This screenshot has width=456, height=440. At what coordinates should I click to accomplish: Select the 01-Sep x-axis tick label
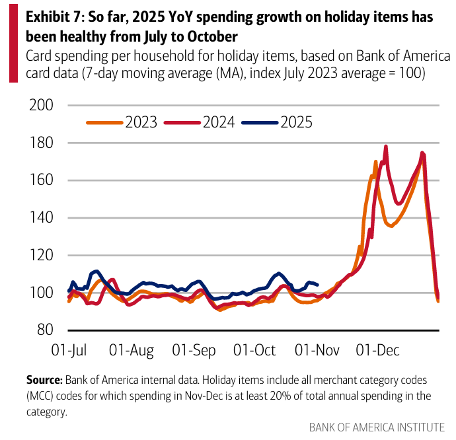click(x=195, y=349)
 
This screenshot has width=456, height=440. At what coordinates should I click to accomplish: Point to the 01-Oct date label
click(x=256, y=349)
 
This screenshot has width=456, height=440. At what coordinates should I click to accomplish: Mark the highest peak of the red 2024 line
click(x=386, y=147)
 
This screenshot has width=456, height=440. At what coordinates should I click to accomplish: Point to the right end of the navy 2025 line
click(x=318, y=285)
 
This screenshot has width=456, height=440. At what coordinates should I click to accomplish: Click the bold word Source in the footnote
click(x=44, y=381)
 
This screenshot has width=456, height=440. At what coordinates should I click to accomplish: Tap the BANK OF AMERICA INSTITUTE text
click(x=377, y=426)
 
